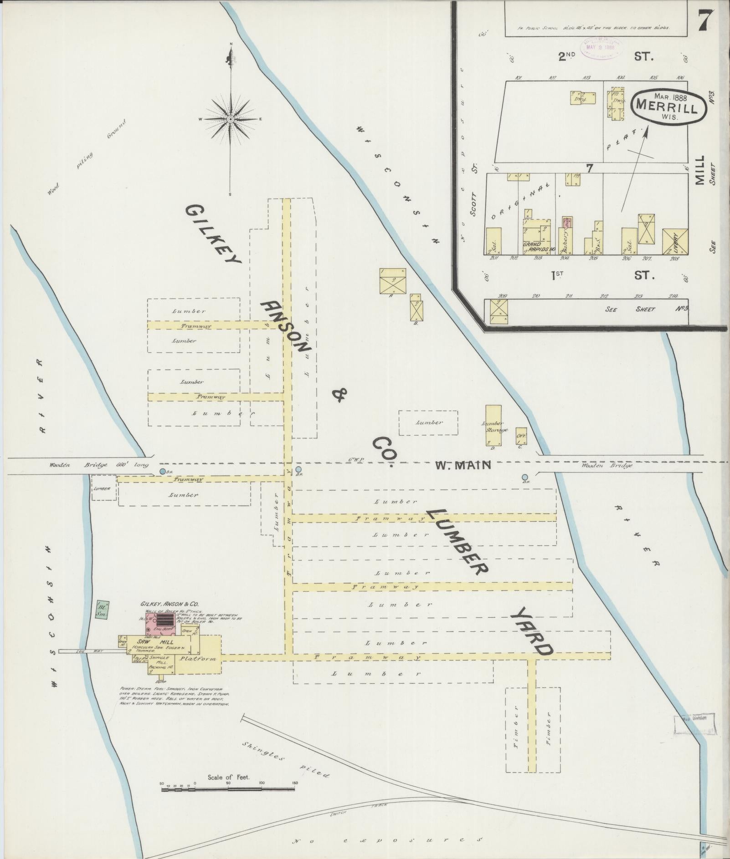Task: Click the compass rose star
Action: click(231, 119)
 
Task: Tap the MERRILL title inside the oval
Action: click(667, 108)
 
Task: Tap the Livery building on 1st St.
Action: click(675, 242)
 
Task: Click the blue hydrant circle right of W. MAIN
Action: click(525, 477)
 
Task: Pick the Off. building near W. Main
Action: click(521, 436)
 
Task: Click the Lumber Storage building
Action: click(493, 426)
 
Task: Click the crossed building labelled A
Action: click(392, 281)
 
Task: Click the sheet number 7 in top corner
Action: click(704, 20)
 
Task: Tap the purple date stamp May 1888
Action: click(600, 46)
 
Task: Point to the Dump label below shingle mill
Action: click(159, 681)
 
